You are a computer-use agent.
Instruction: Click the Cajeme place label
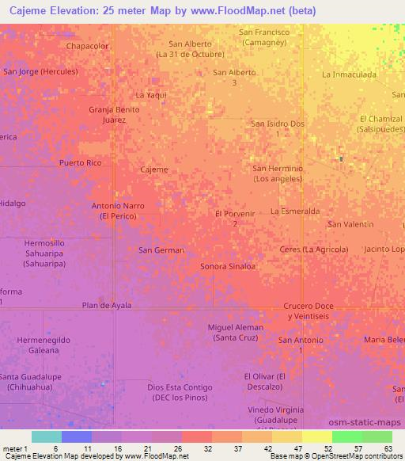[153, 170]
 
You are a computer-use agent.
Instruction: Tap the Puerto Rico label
[81, 162]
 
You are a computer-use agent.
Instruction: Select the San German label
[161, 250]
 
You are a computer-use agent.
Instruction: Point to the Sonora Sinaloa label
[228, 266]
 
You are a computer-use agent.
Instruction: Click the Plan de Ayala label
[107, 305]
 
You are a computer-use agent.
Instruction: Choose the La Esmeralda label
[295, 211]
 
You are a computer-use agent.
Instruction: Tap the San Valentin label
[351, 224]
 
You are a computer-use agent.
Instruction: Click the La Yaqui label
[151, 95]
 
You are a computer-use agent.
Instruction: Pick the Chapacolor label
[88, 46]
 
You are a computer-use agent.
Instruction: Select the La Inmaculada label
[349, 74]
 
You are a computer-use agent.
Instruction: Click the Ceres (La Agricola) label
[314, 250]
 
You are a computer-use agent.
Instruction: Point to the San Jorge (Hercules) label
[40, 71]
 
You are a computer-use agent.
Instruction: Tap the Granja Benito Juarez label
[114, 115]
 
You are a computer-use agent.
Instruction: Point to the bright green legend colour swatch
[346, 436]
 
